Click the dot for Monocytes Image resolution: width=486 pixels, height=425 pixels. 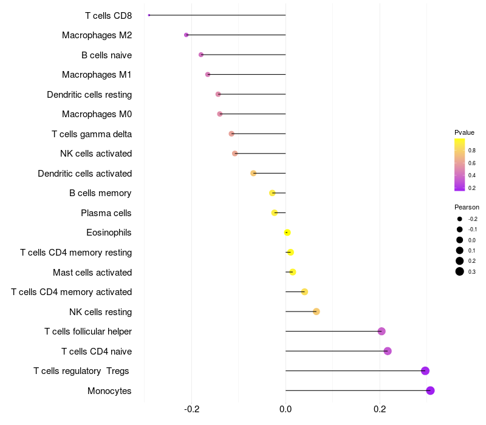[430, 390]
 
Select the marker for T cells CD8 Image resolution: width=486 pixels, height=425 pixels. [149, 15]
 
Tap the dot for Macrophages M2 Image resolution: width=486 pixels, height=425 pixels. [187, 35]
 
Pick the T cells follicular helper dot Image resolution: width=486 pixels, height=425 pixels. [382, 331]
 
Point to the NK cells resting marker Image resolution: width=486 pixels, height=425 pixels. [316, 311]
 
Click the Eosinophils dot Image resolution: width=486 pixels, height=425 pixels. [287, 233]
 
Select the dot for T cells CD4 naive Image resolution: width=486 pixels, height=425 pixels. [388, 351]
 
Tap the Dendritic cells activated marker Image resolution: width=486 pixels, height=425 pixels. [253, 173]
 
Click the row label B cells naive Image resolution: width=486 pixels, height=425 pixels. [106, 55]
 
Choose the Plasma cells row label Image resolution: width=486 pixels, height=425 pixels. [106, 213]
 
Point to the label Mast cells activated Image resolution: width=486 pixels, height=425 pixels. [92, 272]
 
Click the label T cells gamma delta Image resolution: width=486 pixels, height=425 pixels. [92, 134]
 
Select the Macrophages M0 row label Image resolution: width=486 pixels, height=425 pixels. [97, 114]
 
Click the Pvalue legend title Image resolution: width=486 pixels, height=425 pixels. [464, 132]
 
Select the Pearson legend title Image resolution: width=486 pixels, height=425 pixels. [467, 207]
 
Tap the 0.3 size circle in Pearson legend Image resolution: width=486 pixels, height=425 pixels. [460, 271]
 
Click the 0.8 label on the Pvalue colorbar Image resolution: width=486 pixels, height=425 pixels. [472, 150]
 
